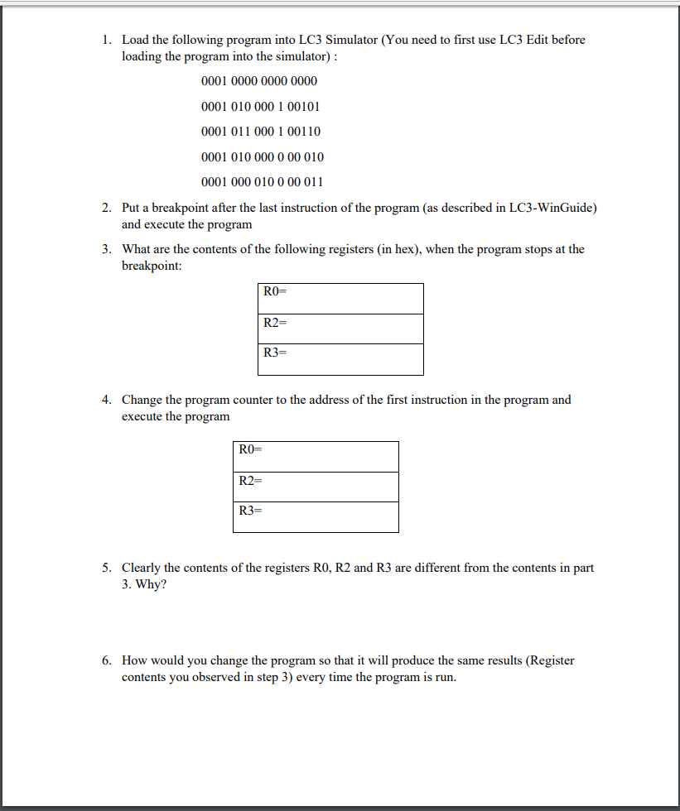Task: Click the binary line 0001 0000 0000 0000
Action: (x=258, y=81)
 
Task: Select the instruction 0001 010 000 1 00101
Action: (x=260, y=107)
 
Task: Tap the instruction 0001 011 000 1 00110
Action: (x=260, y=132)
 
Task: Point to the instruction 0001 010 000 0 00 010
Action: (x=262, y=157)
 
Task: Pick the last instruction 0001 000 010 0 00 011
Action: (x=262, y=182)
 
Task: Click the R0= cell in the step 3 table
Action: (x=340, y=298)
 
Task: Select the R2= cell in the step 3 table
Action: (x=340, y=329)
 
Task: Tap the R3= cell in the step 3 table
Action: (x=340, y=359)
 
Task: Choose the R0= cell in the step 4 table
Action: (x=316, y=456)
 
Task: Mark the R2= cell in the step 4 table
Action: (x=316, y=487)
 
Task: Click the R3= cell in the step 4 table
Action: (x=316, y=516)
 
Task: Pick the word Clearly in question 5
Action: (x=142, y=568)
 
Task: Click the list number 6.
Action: (x=107, y=660)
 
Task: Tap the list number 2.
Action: (x=107, y=208)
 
